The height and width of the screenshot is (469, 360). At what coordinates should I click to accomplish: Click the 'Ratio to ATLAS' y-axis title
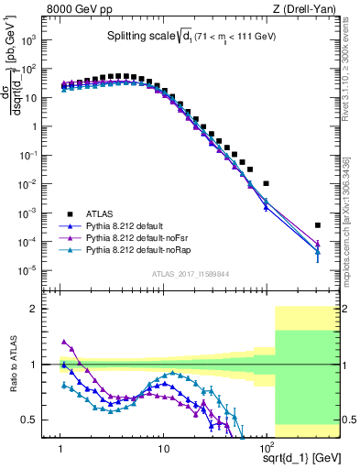click(12, 364)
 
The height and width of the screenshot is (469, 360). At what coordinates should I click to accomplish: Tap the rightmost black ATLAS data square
click(318, 225)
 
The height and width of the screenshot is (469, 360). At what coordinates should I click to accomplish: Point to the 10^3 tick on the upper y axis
click(39, 40)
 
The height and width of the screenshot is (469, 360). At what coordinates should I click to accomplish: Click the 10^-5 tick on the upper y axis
click(39, 270)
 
